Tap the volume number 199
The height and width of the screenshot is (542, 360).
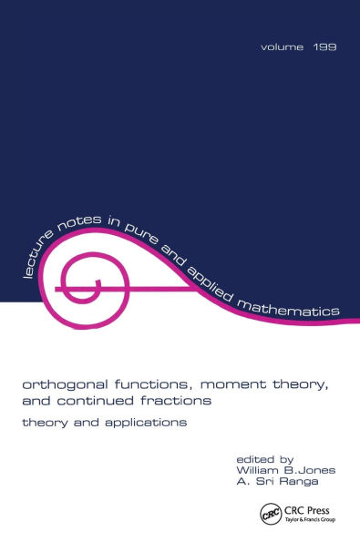pyautogui.click(x=324, y=46)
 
